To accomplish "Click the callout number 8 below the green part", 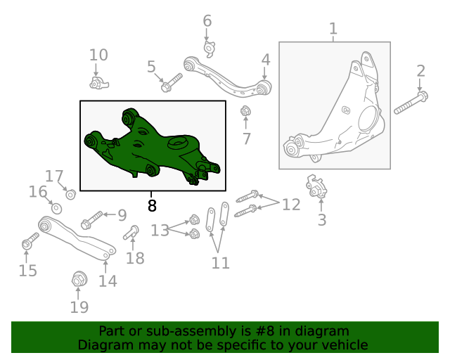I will (x=153, y=205).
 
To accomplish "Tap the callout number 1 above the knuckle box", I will (x=333, y=29).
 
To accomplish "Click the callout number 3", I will (x=322, y=220).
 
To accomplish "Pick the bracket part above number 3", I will (x=318, y=188).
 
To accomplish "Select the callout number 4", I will (x=265, y=59).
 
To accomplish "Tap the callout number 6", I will (x=207, y=21).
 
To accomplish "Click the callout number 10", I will (x=98, y=55).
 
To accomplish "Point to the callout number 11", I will (x=221, y=263).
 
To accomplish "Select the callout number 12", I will (x=291, y=205).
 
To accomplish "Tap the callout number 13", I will (x=160, y=230).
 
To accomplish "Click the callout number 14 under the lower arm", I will (x=107, y=281).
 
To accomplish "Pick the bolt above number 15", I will (x=29, y=243).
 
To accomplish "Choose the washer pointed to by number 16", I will (x=57, y=209).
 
